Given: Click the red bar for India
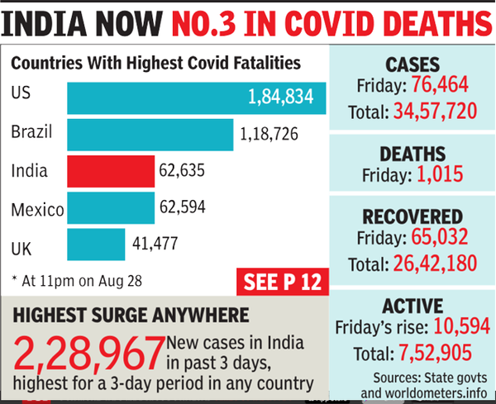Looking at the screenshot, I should pos(111,173).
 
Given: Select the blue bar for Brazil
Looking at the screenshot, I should pos(149,135).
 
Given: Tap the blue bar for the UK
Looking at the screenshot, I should pos(95,245).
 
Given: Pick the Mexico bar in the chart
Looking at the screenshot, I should pos(111,208).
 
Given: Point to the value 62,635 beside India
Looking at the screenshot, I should pos(180,173).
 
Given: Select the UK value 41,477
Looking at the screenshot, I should pos(154,245).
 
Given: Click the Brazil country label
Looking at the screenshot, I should pos(33,133).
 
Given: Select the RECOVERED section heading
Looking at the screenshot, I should pos(411,216).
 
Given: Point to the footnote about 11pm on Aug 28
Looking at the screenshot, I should pos(79,281).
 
